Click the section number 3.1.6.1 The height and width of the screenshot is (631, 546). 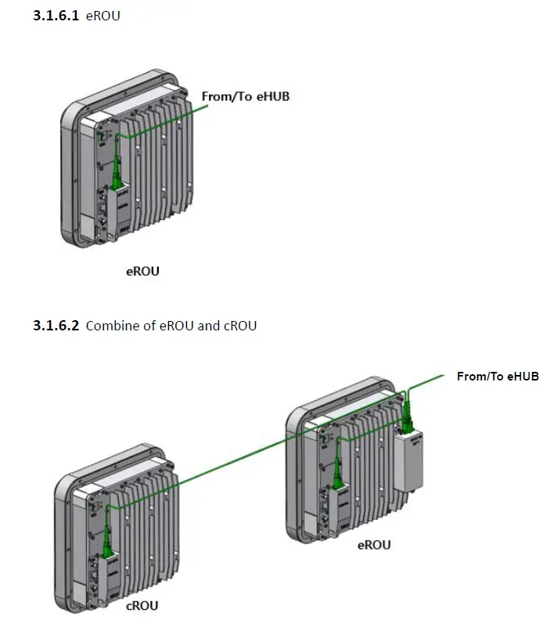[56, 16]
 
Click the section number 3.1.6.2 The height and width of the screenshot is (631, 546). [56, 325]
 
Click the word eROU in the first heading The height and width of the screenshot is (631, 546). [103, 16]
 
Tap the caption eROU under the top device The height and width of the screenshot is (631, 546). [142, 272]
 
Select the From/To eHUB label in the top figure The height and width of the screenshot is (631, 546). [246, 96]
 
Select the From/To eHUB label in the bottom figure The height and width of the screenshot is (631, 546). [498, 377]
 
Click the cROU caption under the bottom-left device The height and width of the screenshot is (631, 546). [142, 605]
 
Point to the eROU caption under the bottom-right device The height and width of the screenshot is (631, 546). [373, 545]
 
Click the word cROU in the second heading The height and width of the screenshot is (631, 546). [239, 325]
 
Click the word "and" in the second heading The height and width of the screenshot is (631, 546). [208, 325]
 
